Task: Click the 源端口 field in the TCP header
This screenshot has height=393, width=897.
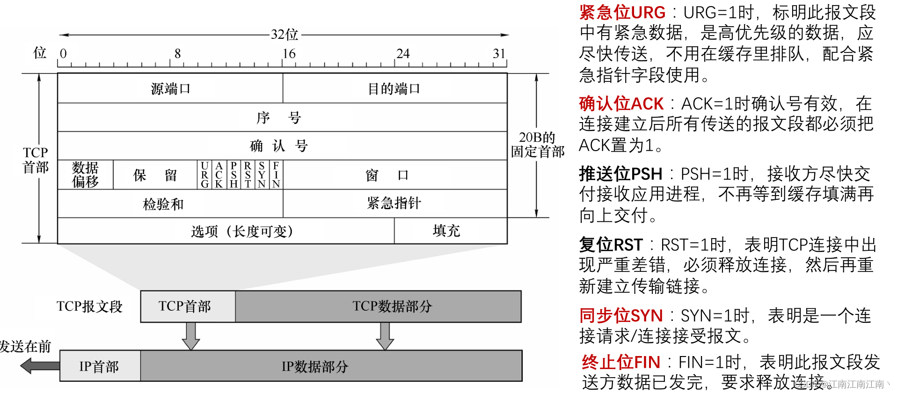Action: (x=170, y=88)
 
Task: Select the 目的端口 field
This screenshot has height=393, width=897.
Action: (x=394, y=88)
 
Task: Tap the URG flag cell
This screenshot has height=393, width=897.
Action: (x=204, y=175)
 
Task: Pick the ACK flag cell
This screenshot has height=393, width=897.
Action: (x=219, y=175)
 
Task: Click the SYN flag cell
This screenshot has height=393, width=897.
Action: (x=262, y=175)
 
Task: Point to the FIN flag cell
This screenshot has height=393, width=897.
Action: (x=276, y=175)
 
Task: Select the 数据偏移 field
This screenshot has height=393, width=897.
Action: (x=85, y=175)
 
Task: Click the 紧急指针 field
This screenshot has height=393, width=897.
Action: (x=394, y=203)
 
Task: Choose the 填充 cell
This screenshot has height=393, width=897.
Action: (x=446, y=231)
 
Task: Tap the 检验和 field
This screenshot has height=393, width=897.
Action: (x=163, y=204)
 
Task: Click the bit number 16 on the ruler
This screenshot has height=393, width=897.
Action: (x=289, y=54)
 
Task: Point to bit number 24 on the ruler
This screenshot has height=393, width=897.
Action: (x=403, y=54)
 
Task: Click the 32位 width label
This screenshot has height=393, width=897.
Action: (x=284, y=35)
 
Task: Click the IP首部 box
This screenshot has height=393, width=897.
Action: (x=99, y=366)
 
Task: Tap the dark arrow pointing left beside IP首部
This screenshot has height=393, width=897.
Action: (x=40, y=365)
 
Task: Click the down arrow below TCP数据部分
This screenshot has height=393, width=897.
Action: (x=385, y=336)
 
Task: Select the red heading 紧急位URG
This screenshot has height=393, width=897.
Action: (x=622, y=12)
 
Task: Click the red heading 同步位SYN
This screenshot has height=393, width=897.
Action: (x=621, y=316)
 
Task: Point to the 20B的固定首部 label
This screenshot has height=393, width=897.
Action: (x=537, y=145)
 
